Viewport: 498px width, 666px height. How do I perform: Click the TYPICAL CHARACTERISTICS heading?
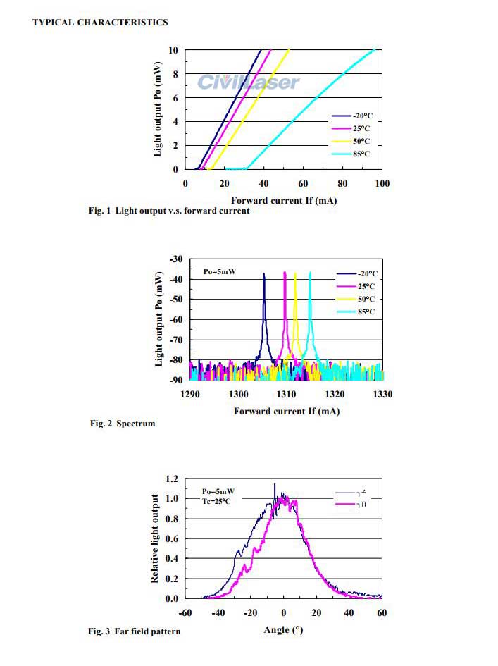tap(100, 22)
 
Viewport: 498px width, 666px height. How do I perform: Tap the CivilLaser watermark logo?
tap(248, 82)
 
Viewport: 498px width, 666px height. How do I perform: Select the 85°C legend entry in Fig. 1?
tap(361, 154)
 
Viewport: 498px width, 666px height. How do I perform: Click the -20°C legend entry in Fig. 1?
tap(361, 115)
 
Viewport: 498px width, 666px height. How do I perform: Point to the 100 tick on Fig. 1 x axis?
tap(382, 184)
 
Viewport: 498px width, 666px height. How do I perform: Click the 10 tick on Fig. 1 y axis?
tap(173, 50)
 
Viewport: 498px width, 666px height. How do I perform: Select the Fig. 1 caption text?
tap(169, 211)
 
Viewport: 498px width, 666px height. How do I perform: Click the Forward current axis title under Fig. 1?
tap(283, 200)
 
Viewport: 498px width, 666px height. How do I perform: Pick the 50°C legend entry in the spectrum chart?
tap(365, 299)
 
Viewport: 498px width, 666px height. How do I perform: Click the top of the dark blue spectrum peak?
tap(264, 273)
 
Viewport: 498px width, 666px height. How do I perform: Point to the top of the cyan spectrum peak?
tap(310, 273)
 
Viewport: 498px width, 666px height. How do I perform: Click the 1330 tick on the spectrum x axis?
tap(382, 394)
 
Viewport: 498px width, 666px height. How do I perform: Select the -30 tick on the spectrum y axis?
tap(176, 259)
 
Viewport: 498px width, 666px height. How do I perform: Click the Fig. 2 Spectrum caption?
tap(122, 424)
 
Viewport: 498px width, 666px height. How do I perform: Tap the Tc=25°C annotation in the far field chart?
tap(216, 501)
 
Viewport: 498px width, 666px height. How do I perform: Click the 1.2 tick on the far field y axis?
tap(172, 479)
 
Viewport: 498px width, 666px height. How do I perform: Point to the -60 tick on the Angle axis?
tap(185, 613)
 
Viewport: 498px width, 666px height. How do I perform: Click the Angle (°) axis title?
tap(283, 629)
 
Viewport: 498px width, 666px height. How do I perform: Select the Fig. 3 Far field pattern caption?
tap(134, 631)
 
